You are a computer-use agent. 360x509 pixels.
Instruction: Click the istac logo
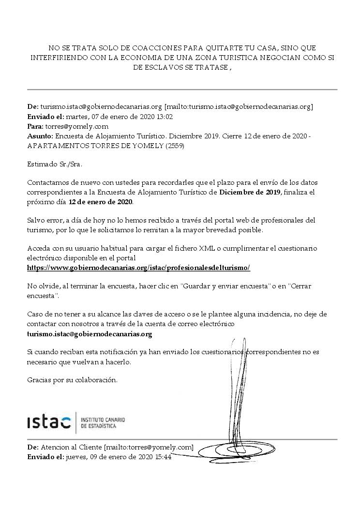point(49,422)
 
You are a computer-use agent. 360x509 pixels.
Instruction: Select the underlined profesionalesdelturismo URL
point(139,268)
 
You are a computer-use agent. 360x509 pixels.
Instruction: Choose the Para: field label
point(35,126)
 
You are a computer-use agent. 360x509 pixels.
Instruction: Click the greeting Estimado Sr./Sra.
point(55,164)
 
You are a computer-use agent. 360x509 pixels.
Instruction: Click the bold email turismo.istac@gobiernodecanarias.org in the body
point(90,334)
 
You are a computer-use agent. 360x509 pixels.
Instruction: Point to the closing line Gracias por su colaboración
point(73,380)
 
